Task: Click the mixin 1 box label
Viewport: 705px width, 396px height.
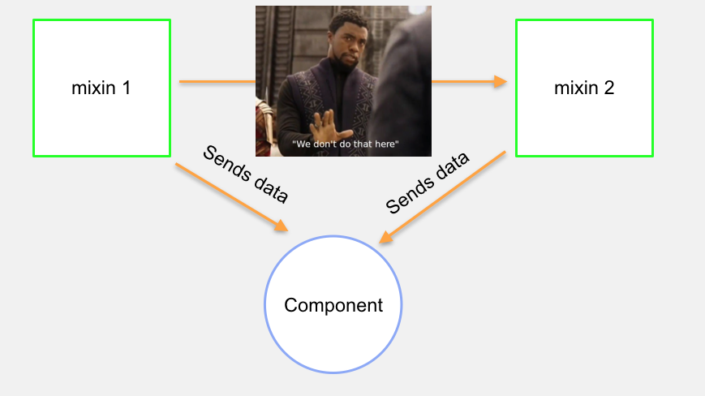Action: (101, 88)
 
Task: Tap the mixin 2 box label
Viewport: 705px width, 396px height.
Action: (584, 88)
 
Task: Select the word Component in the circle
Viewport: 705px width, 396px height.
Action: (333, 305)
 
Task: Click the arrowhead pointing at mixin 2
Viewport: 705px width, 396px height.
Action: (501, 81)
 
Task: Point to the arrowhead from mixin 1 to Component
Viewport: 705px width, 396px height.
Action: (282, 226)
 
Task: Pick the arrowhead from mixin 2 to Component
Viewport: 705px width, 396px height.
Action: (386, 237)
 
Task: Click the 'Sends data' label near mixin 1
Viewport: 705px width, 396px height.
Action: (246, 174)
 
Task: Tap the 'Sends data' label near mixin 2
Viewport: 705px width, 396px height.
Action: (428, 183)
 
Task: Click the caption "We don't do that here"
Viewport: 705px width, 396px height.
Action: (346, 144)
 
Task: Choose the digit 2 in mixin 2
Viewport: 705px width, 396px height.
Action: (609, 88)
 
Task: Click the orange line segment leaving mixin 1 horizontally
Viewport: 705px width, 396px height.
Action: (217, 81)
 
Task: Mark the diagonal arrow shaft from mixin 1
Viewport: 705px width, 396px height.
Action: (229, 195)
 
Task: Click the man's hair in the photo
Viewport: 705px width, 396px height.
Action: (346, 19)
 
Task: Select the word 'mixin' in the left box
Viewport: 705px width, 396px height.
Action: (93, 88)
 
